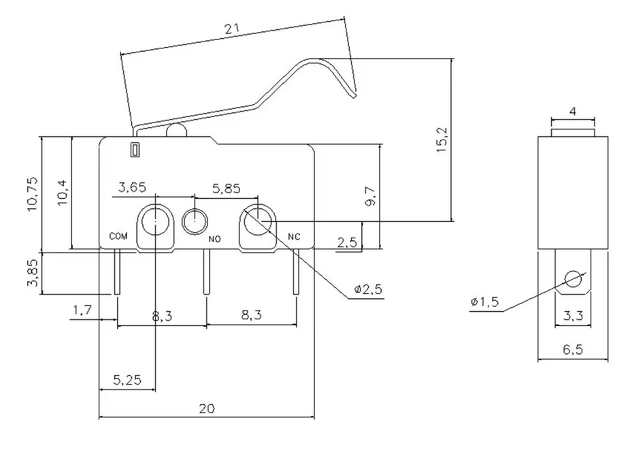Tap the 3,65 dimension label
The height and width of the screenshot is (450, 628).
[131, 189]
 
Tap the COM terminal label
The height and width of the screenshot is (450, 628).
[118, 237]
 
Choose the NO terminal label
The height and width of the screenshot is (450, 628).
[214, 239]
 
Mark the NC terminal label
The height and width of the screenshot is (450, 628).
[295, 237]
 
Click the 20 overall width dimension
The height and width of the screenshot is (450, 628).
[207, 408]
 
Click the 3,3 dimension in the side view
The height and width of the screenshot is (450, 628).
[574, 315]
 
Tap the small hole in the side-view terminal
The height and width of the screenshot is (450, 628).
[574, 279]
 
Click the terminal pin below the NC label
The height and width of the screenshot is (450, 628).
[296, 272]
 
